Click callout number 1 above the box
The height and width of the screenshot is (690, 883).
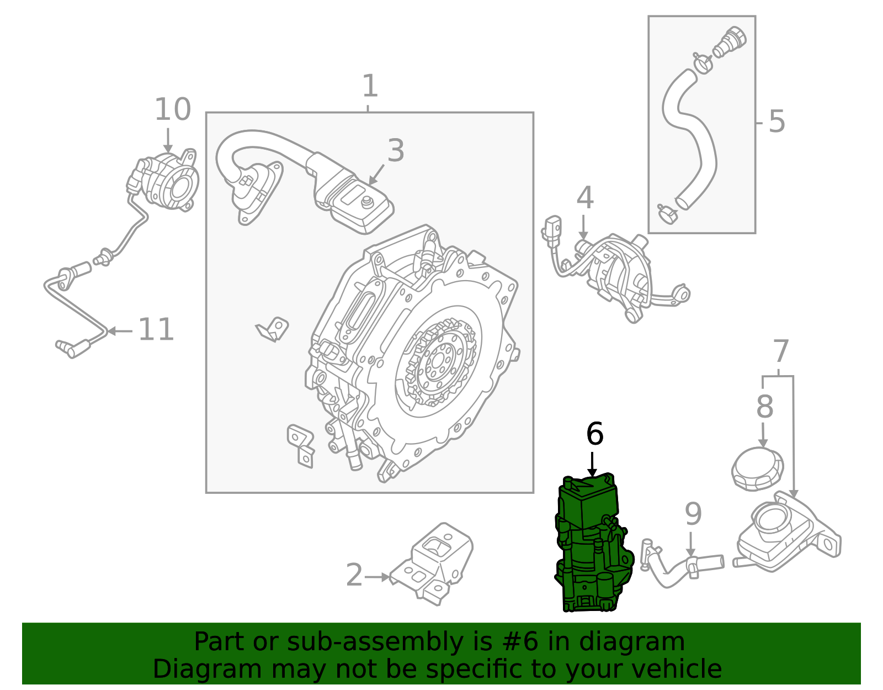click(x=370, y=87)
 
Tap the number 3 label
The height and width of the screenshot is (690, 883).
click(x=396, y=151)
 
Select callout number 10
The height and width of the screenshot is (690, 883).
click(x=172, y=110)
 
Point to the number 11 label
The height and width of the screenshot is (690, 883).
click(x=156, y=330)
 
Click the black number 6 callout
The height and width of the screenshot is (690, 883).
click(x=594, y=434)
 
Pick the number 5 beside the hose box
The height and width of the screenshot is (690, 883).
click(x=776, y=122)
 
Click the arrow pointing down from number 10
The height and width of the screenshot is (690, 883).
click(x=168, y=141)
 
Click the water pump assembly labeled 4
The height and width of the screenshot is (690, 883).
click(x=613, y=271)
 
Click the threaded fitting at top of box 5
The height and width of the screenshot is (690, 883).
click(x=730, y=41)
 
